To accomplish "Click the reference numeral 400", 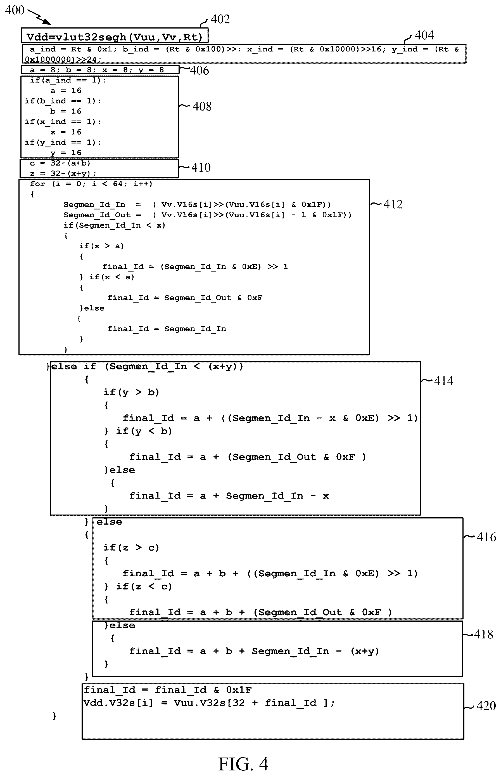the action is tap(15, 10).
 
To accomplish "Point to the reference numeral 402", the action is tap(220, 19).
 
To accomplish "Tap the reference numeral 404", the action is tap(424, 35).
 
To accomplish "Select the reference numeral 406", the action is tap(200, 70).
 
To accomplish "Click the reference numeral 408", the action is tap(202, 107).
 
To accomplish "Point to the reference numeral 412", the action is tap(393, 204).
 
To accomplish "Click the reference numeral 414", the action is tap(444, 381).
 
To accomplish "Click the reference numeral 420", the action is tap(486, 706).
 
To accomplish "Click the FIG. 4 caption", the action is tap(243, 764).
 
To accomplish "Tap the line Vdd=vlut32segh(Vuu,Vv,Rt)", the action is tap(115, 37).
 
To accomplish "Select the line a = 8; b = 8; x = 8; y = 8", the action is tap(97, 70).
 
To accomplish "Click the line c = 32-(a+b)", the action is tap(60, 163).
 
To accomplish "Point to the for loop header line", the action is tap(91, 184).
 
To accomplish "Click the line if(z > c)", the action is tap(131, 548).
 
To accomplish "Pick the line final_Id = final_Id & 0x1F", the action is tap(168, 690).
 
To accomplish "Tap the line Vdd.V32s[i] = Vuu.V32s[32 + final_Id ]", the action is tap(209, 703).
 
